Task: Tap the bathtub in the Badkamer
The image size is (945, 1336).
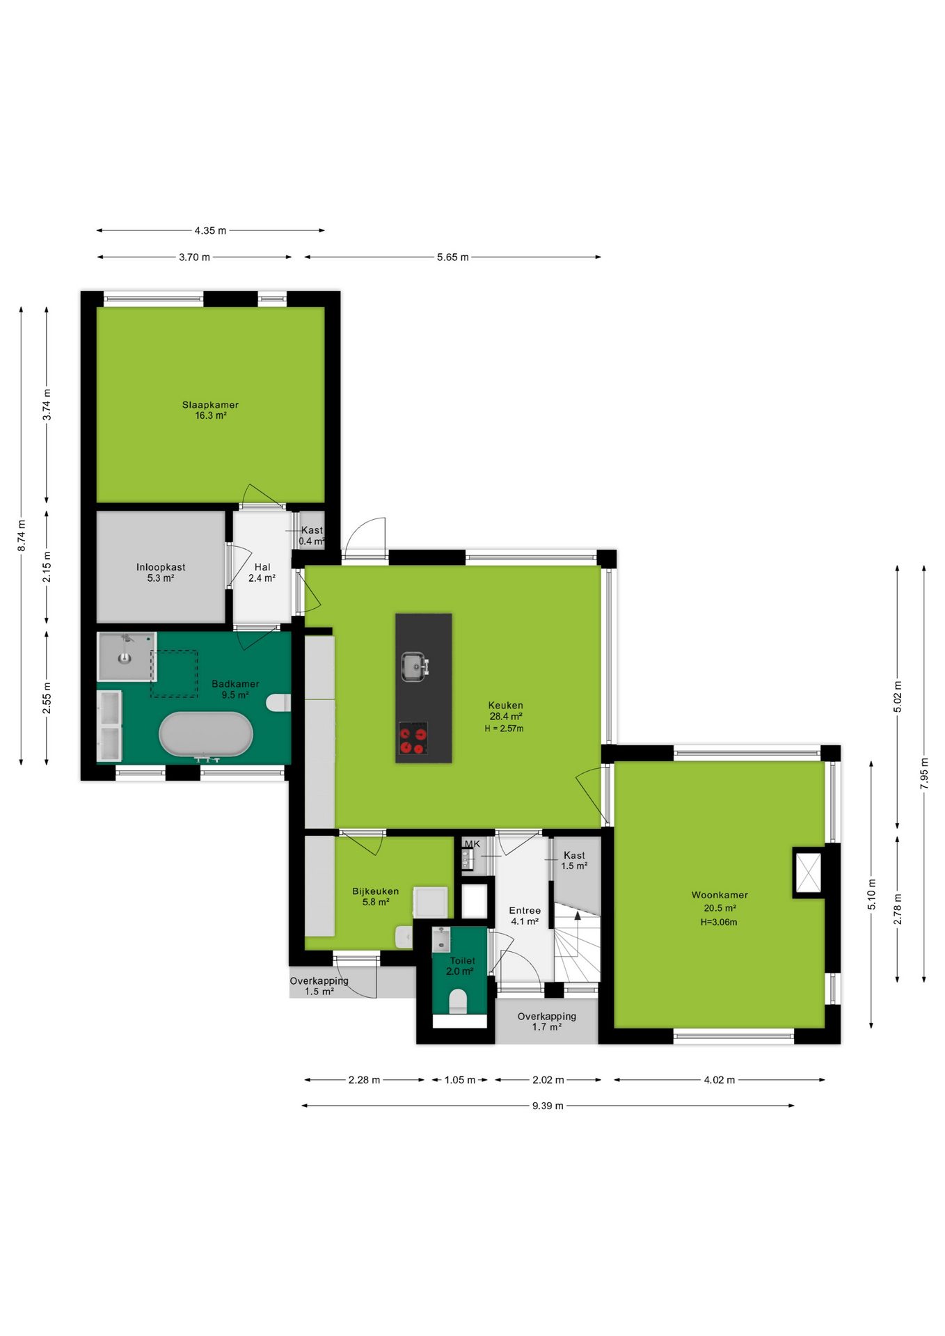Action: [x=205, y=734]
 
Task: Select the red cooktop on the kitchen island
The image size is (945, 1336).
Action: [x=413, y=738]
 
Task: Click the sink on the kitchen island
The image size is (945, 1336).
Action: [x=415, y=667]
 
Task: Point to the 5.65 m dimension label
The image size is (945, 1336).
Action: [x=452, y=257]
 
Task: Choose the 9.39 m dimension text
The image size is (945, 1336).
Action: [x=548, y=1106]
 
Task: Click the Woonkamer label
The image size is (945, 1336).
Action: [x=720, y=895]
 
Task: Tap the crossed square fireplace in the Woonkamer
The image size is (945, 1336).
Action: [x=808, y=872]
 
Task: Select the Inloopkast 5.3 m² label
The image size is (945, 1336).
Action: [x=161, y=572]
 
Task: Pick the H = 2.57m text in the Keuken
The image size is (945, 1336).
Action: [x=504, y=729]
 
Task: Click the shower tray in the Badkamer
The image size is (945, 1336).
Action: [x=125, y=656]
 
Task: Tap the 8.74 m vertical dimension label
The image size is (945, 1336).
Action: [x=22, y=536]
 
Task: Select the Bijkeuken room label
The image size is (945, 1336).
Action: [x=375, y=891]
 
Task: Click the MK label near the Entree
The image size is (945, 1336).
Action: [x=472, y=844]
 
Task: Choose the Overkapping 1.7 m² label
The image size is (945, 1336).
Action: [x=546, y=1021]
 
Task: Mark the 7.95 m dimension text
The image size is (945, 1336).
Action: [x=924, y=773]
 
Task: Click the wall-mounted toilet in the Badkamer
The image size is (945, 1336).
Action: [x=278, y=703]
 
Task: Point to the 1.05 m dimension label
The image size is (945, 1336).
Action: [x=459, y=1080]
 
